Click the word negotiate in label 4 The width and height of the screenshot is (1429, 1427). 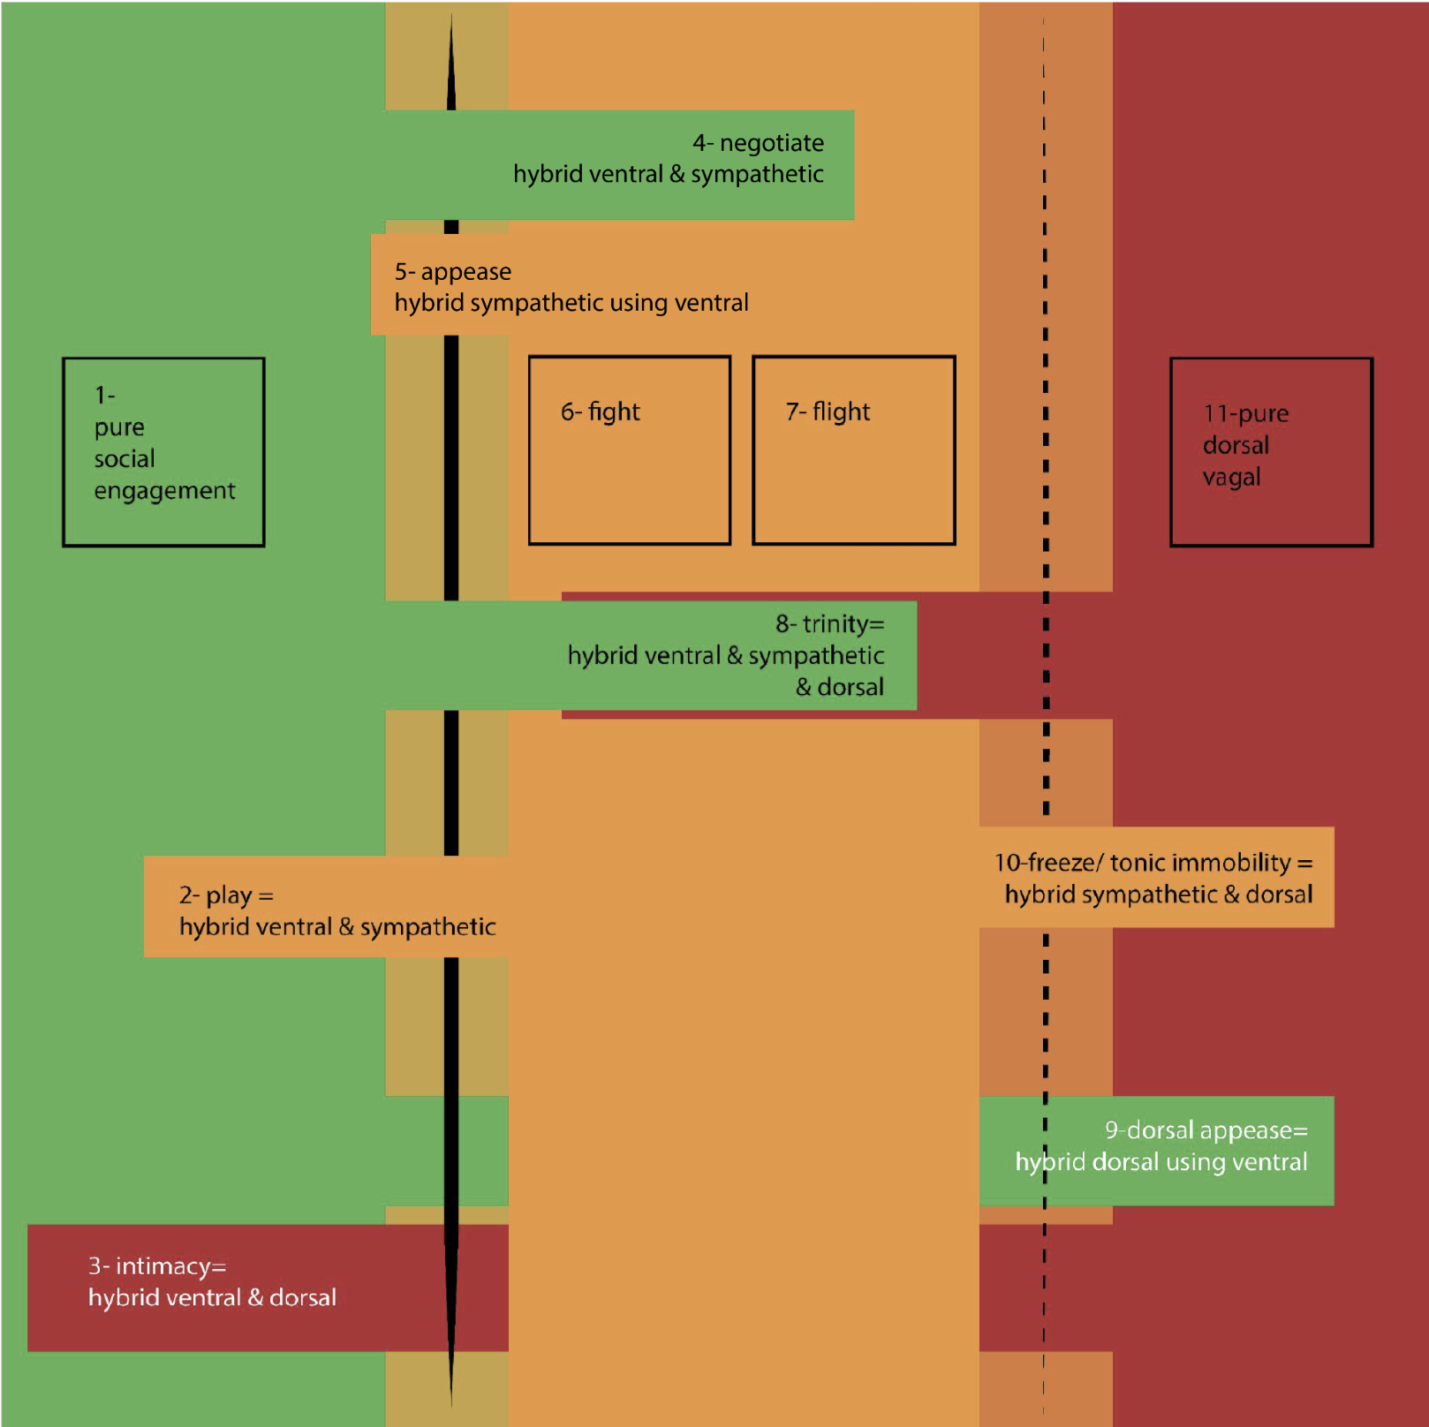click(772, 143)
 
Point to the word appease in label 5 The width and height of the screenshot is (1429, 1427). click(466, 272)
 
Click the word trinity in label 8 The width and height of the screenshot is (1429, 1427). click(835, 623)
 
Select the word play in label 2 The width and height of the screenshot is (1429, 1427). click(229, 896)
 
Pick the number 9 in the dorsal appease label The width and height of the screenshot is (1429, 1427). click(1111, 1130)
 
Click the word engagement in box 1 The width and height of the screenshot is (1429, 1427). click(165, 491)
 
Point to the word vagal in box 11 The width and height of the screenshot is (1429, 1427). click(1232, 478)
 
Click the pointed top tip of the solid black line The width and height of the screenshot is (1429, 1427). click(451, 14)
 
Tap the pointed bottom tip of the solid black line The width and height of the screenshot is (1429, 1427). click(451, 1406)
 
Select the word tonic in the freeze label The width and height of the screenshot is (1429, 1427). click(1138, 862)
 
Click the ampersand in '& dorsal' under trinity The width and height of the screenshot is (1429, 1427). click(804, 687)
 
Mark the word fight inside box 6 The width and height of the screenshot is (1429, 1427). click(614, 411)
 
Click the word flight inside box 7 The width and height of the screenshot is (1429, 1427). click(841, 411)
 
